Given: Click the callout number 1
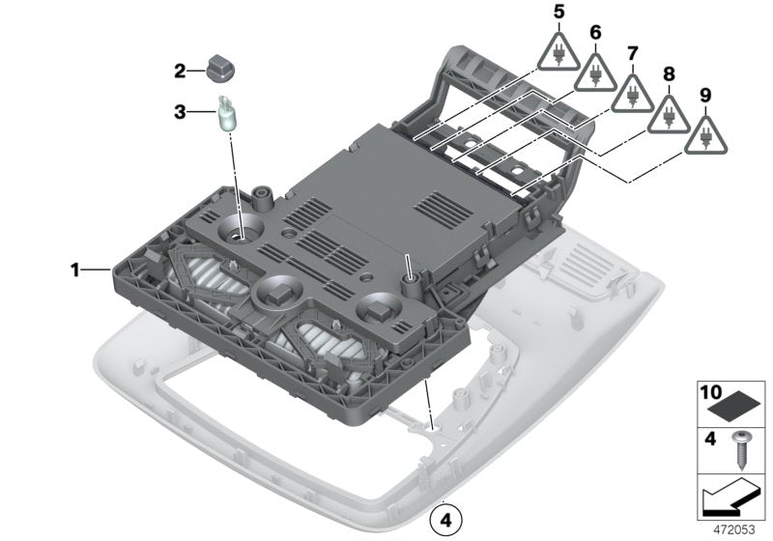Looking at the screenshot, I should pyautogui.click(x=74, y=270).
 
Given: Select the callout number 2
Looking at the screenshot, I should pyautogui.click(x=180, y=71).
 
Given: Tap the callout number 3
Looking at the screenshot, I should pyautogui.click(x=180, y=112).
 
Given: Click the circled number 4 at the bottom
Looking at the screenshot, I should pyautogui.click(x=445, y=519).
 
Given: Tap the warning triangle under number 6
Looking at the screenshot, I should pyautogui.click(x=595, y=72).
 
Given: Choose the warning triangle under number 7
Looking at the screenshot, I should pyautogui.click(x=632, y=94).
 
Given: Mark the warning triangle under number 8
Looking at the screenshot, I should pyautogui.click(x=669, y=116).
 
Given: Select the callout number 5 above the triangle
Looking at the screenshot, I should pyautogui.click(x=558, y=13).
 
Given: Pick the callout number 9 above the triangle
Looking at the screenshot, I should pyautogui.click(x=704, y=95).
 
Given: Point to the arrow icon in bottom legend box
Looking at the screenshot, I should pyautogui.click(x=730, y=499).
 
